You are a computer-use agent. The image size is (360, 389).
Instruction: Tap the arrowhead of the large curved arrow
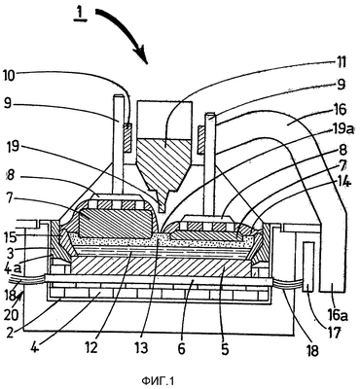pos(140,54)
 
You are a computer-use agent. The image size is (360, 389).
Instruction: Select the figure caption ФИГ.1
pos(158,380)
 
